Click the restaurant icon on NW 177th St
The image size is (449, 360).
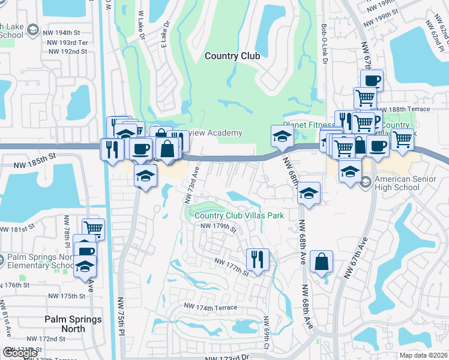click(258, 259)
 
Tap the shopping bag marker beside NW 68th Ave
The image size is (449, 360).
click(322, 261)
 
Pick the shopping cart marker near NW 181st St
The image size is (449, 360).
click(94, 229)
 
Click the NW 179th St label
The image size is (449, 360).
click(218, 226)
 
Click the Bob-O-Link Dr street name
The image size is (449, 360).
click(324, 49)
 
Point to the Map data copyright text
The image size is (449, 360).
click(423, 355)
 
